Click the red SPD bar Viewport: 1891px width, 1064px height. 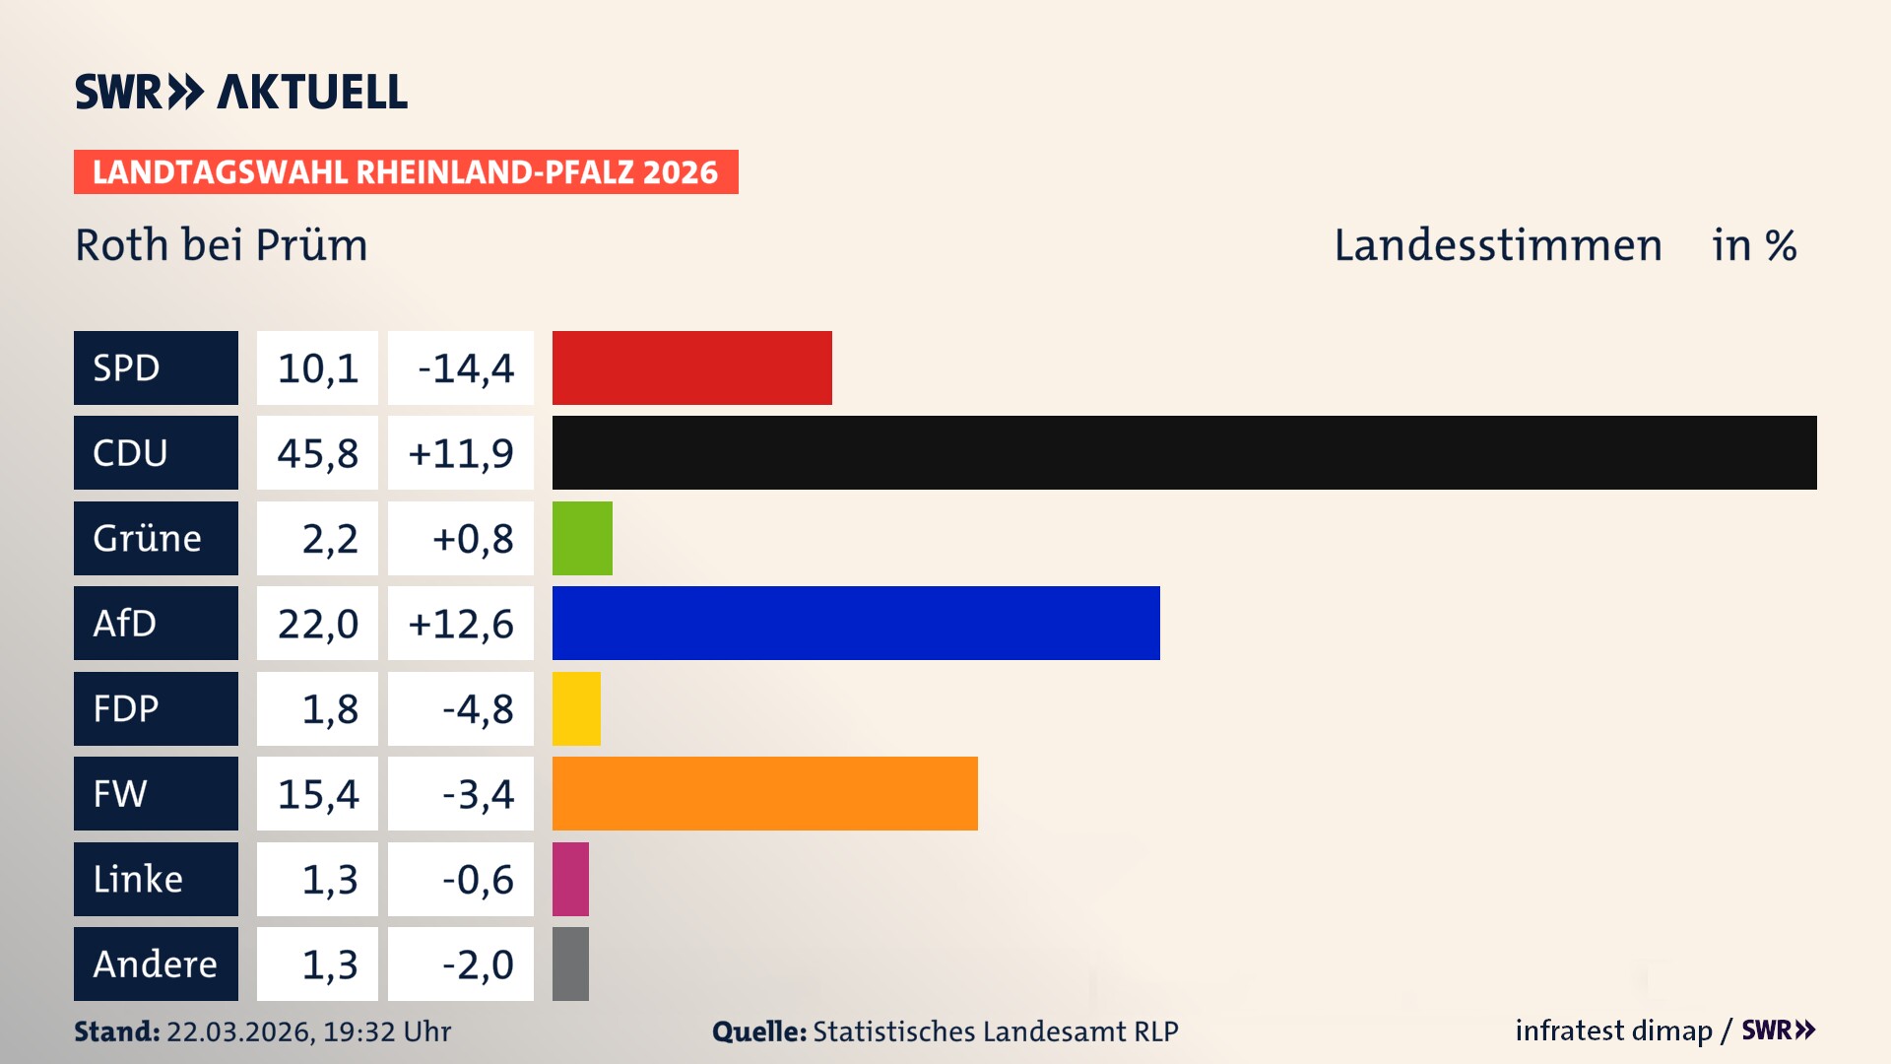pyautogui.click(x=691, y=367)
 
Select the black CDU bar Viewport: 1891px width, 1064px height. pyautogui.click(x=1184, y=452)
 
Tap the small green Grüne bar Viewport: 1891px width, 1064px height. pyautogui.click(x=582, y=538)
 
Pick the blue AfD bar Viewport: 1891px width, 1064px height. pyautogui.click(x=856, y=623)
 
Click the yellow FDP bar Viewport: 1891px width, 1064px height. pyautogui.click(x=576, y=708)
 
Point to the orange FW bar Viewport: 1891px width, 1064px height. pyautogui.click(x=764, y=793)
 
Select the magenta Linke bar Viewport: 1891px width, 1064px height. pyautogui.click(x=570, y=879)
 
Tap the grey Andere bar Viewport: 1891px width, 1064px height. pyautogui.click(x=570, y=964)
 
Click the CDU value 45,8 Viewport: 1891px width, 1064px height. pyautogui.click(x=317, y=453)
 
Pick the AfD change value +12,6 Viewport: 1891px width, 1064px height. pyautogui.click(x=461, y=624)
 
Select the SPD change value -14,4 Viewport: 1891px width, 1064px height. pyautogui.click(x=465, y=368)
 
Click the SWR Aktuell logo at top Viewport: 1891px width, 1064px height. pyautogui.click(x=240, y=92)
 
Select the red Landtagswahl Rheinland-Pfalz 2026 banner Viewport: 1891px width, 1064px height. pyautogui.click(x=405, y=172)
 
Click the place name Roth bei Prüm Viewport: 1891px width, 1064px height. pyautogui.click(x=222, y=245)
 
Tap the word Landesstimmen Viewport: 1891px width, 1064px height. pyautogui.click(x=1497, y=245)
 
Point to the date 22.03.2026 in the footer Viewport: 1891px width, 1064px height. pyautogui.click(x=239, y=1031)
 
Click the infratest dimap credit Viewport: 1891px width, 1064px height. pyautogui.click(x=1613, y=1031)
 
